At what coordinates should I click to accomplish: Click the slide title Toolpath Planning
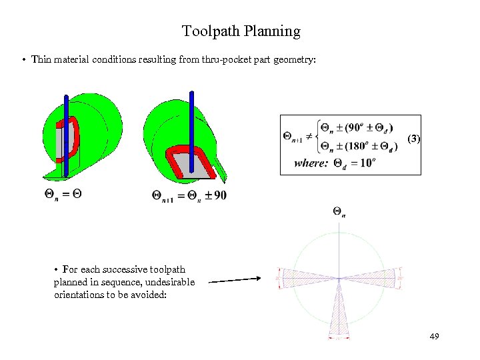241,31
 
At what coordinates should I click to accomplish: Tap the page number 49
434,337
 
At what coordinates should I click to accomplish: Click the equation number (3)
414,139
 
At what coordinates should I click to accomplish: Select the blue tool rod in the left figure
67,133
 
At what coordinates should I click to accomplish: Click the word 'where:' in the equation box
311,163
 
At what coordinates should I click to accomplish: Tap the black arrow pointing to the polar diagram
234,280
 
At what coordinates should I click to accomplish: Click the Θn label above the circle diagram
339,212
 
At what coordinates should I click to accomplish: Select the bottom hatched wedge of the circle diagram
339,313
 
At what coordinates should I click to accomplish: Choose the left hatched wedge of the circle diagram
303,278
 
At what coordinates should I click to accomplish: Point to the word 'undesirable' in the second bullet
170,282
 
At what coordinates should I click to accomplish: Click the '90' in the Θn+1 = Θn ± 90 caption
220,195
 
